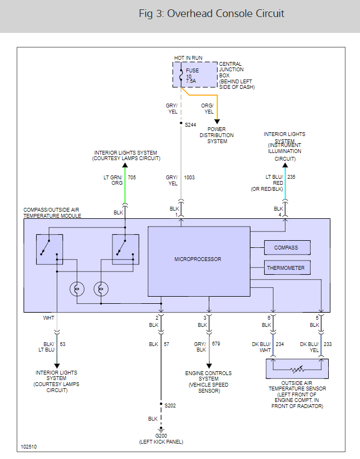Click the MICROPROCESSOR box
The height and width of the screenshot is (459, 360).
(x=198, y=259)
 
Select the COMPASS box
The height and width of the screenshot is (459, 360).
(x=287, y=248)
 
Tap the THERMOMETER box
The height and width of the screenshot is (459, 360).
(x=287, y=268)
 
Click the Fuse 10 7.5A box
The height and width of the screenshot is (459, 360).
(x=195, y=75)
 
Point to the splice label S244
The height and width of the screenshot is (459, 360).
(x=190, y=124)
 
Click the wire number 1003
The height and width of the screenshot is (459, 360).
(x=190, y=178)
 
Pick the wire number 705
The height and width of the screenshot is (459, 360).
(x=132, y=178)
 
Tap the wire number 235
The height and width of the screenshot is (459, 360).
(x=292, y=178)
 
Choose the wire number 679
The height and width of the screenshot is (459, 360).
(x=216, y=344)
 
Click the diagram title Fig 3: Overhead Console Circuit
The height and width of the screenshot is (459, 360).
(x=212, y=14)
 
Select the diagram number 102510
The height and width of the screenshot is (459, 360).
(x=30, y=446)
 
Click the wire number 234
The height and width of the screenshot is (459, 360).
(x=279, y=344)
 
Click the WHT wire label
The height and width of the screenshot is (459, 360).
(x=48, y=318)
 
